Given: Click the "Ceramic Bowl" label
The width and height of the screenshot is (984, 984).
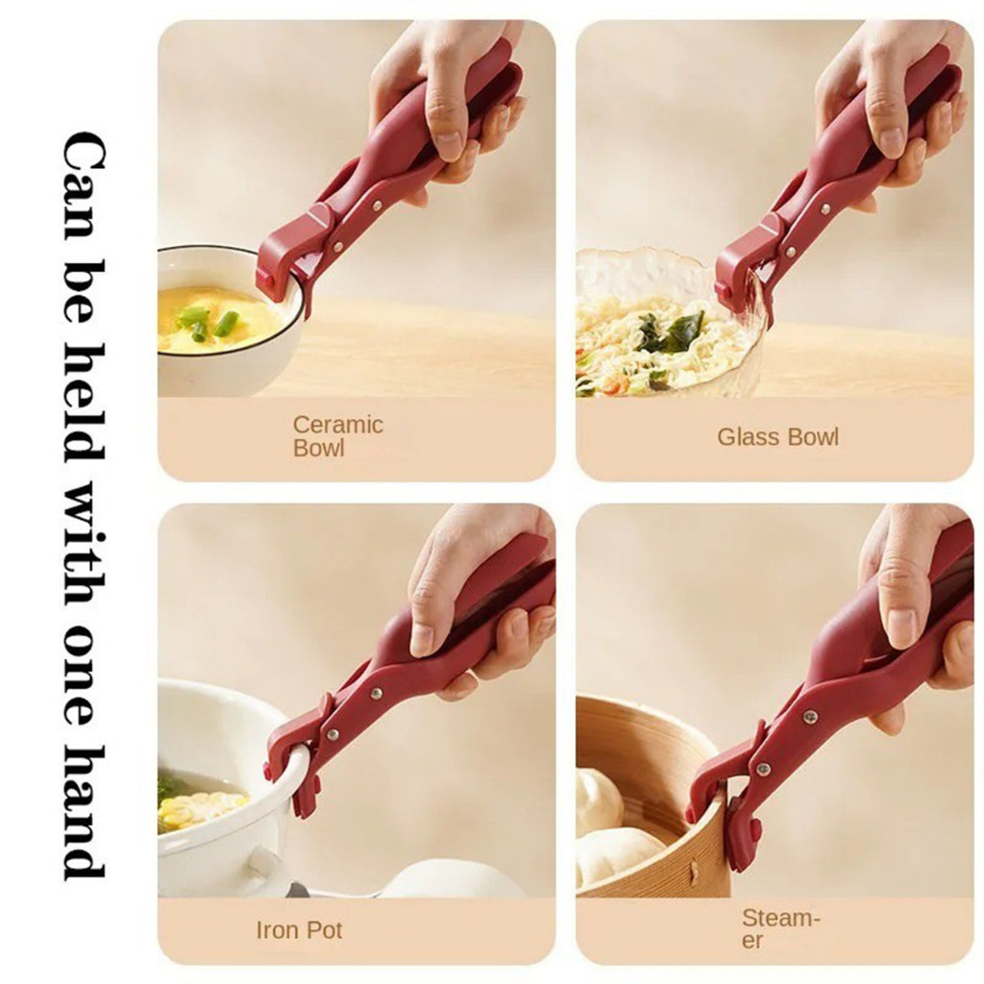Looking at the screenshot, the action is click(337, 436).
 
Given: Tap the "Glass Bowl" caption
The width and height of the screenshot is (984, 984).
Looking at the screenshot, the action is click(777, 437).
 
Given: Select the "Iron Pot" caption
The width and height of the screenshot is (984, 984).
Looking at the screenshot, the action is click(299, 929).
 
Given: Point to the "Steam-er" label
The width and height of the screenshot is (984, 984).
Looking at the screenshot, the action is click(780, 929).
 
